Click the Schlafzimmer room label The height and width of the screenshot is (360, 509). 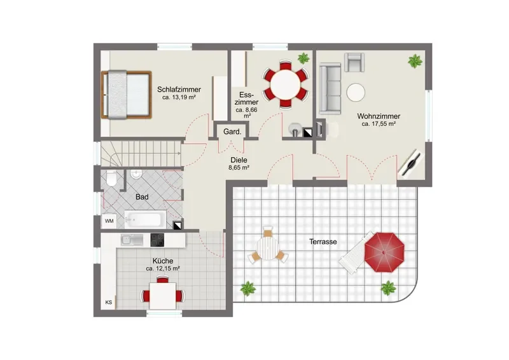(x=179, y=89)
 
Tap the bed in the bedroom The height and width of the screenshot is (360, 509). (x=126, y=95)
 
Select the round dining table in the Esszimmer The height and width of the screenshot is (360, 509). (x=286, y=85)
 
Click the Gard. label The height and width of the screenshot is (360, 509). (x=232, y=132)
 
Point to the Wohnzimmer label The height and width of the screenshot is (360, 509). (x=379, y=116)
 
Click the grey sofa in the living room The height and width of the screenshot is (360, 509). (x=330, y=89)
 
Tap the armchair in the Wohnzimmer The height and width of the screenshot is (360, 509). (x=354, y=62)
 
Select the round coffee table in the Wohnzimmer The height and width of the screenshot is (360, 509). (x=356, y=93)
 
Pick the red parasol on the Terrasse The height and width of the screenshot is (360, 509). (x=384, y=253)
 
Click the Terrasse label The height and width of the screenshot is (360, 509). (x=323, y=242)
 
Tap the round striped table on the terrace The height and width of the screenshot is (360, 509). (x=267, y=247)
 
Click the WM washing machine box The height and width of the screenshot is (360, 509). (x=109, y=221)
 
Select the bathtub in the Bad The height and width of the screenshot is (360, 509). (x=145, y=219)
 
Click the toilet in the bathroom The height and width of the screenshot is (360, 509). (x=112, y=179)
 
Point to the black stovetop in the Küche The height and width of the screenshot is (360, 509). (x=157, y=240)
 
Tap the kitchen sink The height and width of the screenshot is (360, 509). (x=132, y=240)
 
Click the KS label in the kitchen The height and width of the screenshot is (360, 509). (x=109, y=302)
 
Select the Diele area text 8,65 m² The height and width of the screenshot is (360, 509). (x=239, y=168)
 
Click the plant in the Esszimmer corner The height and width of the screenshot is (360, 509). (x=303, y=59)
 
